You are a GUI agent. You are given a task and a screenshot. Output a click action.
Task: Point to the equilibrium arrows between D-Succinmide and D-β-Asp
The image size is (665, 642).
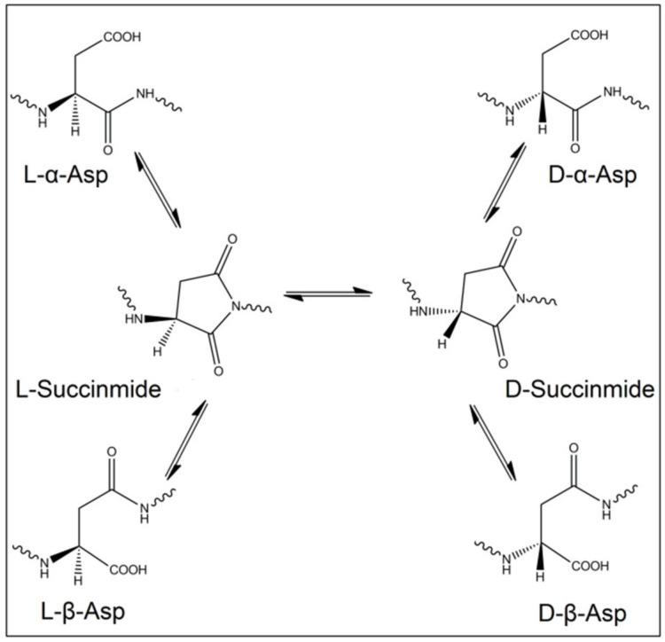(x=492, y=441)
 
